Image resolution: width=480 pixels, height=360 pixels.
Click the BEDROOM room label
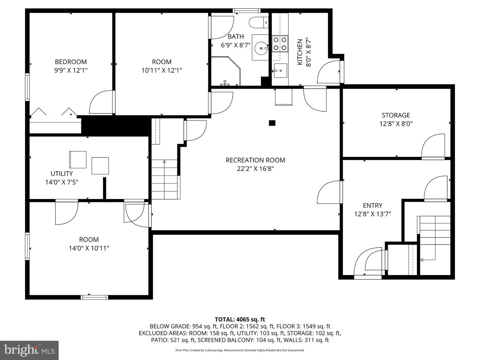point(71,62)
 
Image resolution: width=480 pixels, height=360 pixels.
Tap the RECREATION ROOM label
point(255,160)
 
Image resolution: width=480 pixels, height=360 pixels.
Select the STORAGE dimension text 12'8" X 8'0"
point(396,124)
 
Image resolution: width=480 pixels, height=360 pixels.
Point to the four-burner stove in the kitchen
point(280,43)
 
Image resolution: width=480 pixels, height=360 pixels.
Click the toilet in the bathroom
point(259,23)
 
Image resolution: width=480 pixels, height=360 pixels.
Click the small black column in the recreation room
point(272,123)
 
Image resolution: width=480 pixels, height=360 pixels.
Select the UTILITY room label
point(62,174)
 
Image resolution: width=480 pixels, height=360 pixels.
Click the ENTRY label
point(373,205)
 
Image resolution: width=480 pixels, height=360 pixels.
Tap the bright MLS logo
point(29,350)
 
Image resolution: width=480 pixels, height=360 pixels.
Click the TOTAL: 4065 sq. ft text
point(240,320)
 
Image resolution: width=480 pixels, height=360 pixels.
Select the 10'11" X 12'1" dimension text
point(162,71)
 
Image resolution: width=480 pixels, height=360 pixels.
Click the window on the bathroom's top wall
point(246,10)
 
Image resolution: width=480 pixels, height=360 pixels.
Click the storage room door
point(433,146)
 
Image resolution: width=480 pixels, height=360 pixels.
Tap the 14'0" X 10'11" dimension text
point(89,248)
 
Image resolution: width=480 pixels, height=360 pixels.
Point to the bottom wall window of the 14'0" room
point(94,297)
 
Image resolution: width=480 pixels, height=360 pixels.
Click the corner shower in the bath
point(226,71)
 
